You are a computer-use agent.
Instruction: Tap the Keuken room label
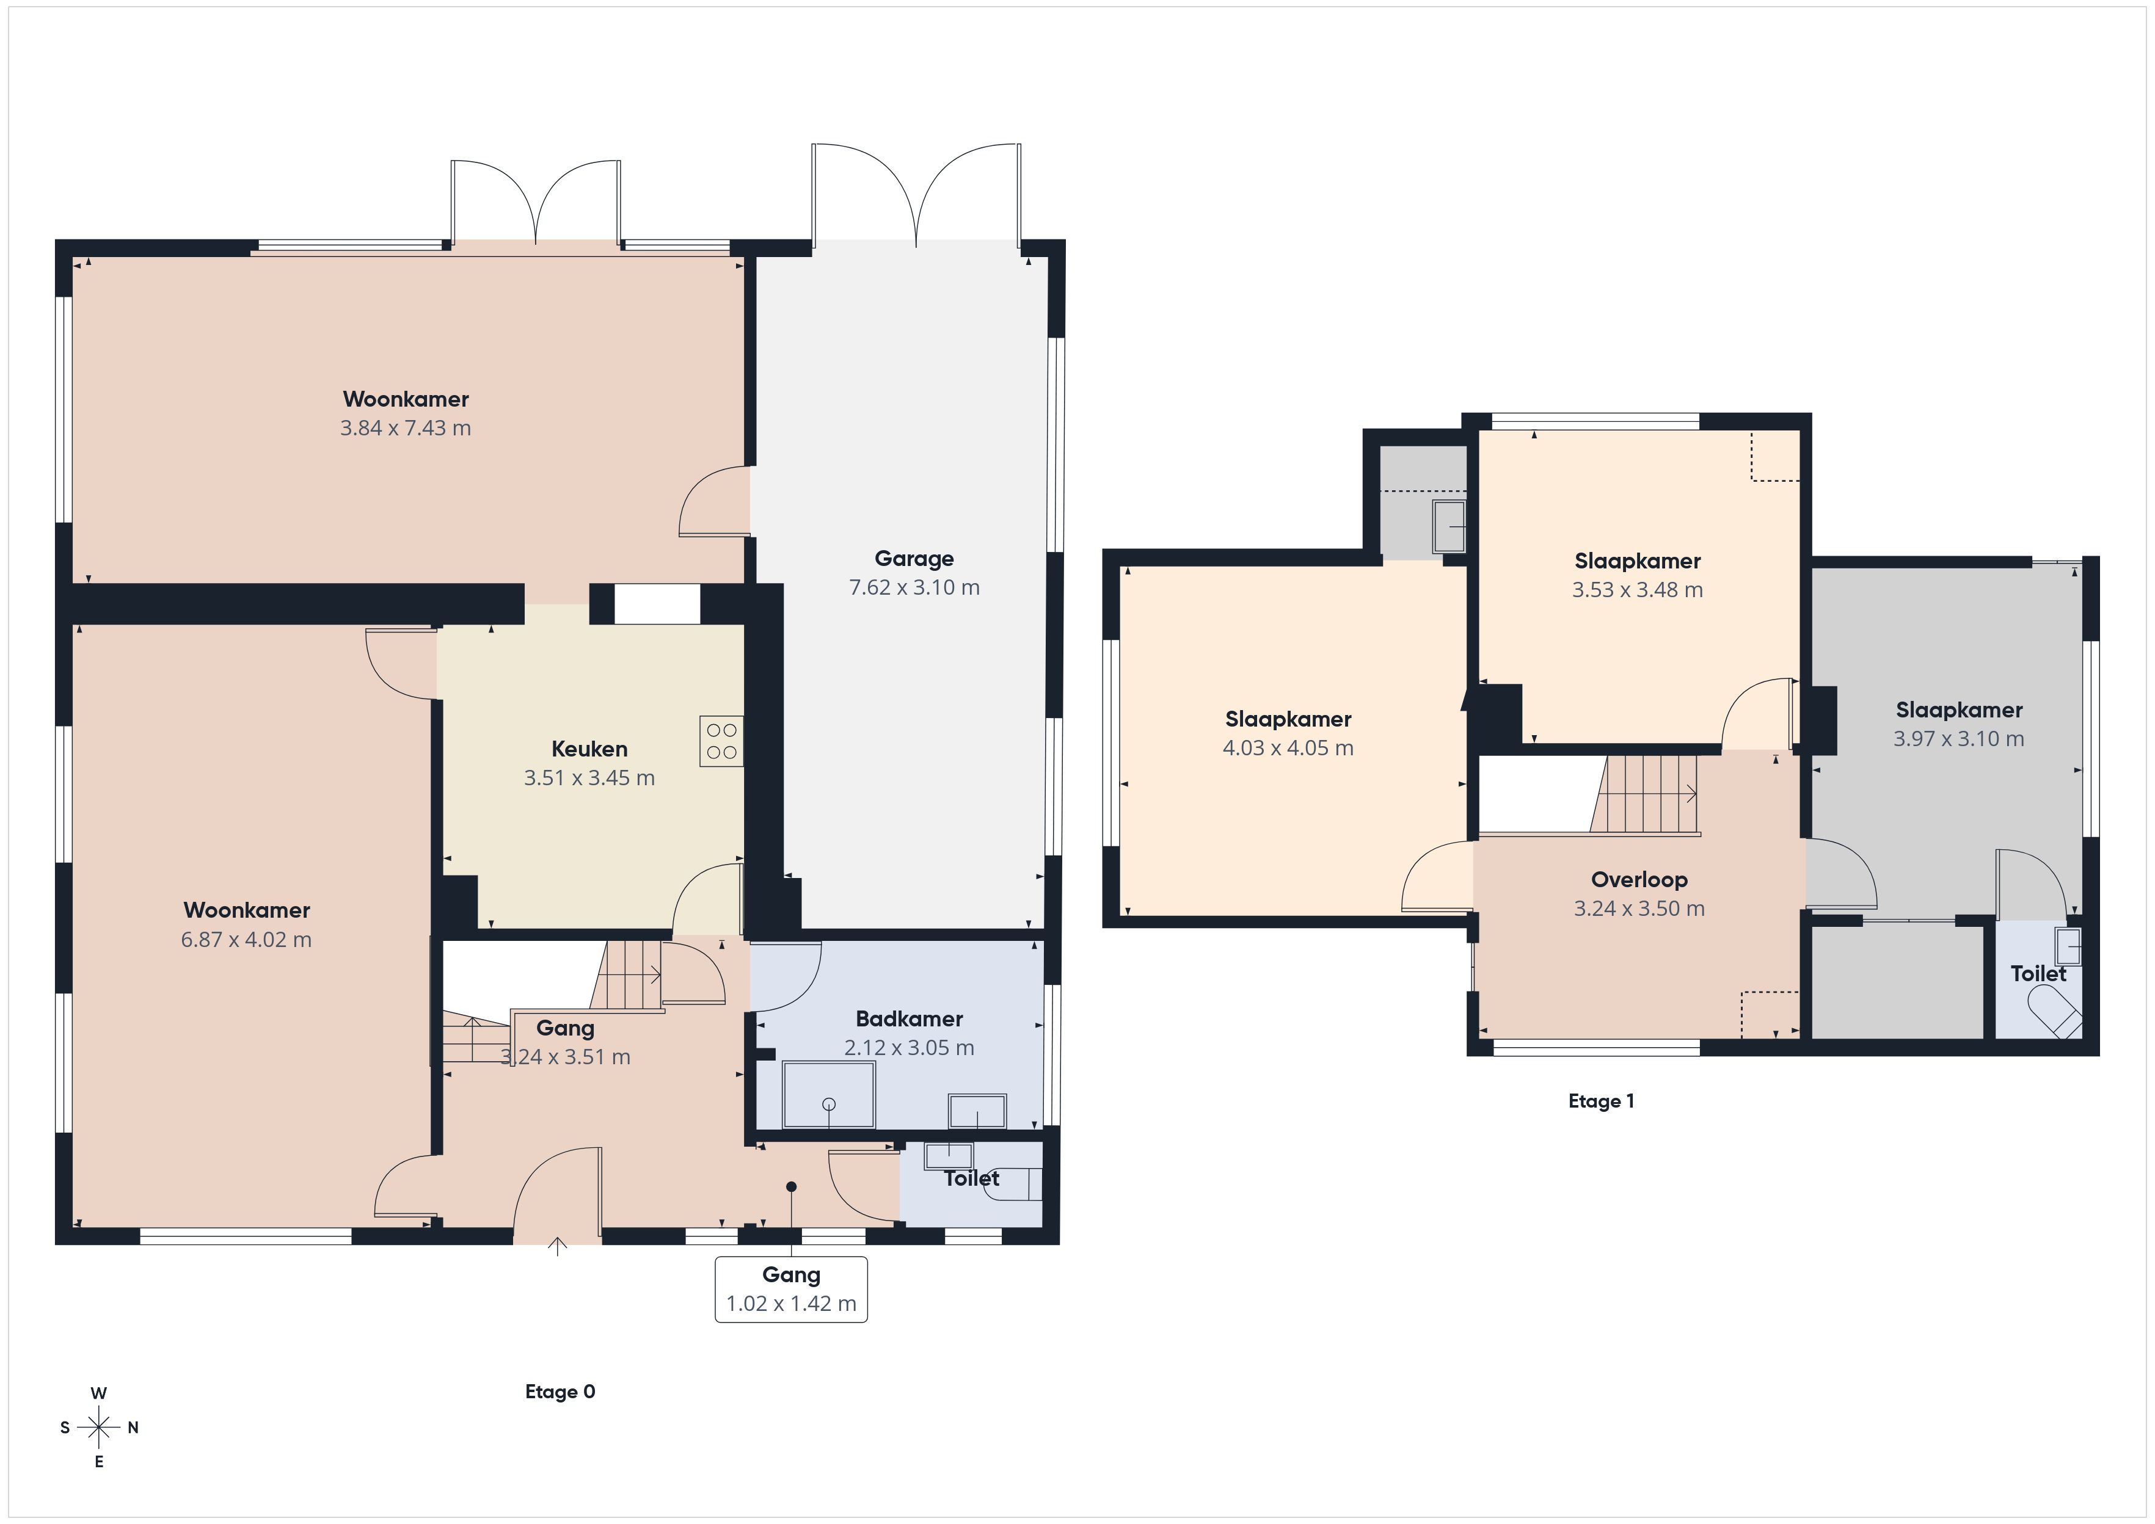589,749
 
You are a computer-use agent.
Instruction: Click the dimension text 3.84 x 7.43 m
406,428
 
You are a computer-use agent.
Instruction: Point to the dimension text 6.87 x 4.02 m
246,939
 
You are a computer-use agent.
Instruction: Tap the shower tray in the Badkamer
829,1094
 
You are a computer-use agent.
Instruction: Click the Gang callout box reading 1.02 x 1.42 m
791,1290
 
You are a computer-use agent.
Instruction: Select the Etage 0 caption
560,1392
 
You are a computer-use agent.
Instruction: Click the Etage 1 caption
1601,1101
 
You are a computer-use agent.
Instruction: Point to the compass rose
98,1428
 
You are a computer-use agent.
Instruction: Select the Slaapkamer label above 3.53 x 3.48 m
1637,561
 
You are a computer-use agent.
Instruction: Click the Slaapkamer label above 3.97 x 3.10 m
1959,710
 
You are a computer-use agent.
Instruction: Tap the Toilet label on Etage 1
2038,974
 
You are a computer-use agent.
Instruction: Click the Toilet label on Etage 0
971,1178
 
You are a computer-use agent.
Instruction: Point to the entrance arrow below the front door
558,1246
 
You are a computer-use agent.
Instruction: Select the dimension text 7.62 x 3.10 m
914,587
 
